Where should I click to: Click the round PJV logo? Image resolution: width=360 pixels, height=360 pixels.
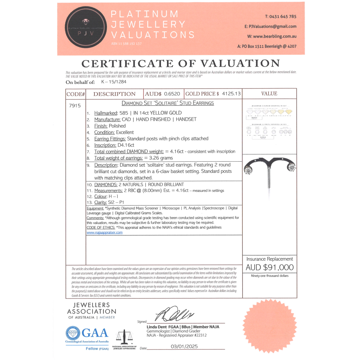pos(86,28)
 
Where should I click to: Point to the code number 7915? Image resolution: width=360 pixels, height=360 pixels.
pos(75,106)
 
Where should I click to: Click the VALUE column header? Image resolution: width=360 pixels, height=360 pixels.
pos(269,94)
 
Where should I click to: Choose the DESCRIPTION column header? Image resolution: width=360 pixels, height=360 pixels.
pos(114,94)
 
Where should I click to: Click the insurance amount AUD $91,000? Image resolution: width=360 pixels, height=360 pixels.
pos(270,267)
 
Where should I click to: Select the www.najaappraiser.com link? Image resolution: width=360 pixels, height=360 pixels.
pos(104,233)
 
